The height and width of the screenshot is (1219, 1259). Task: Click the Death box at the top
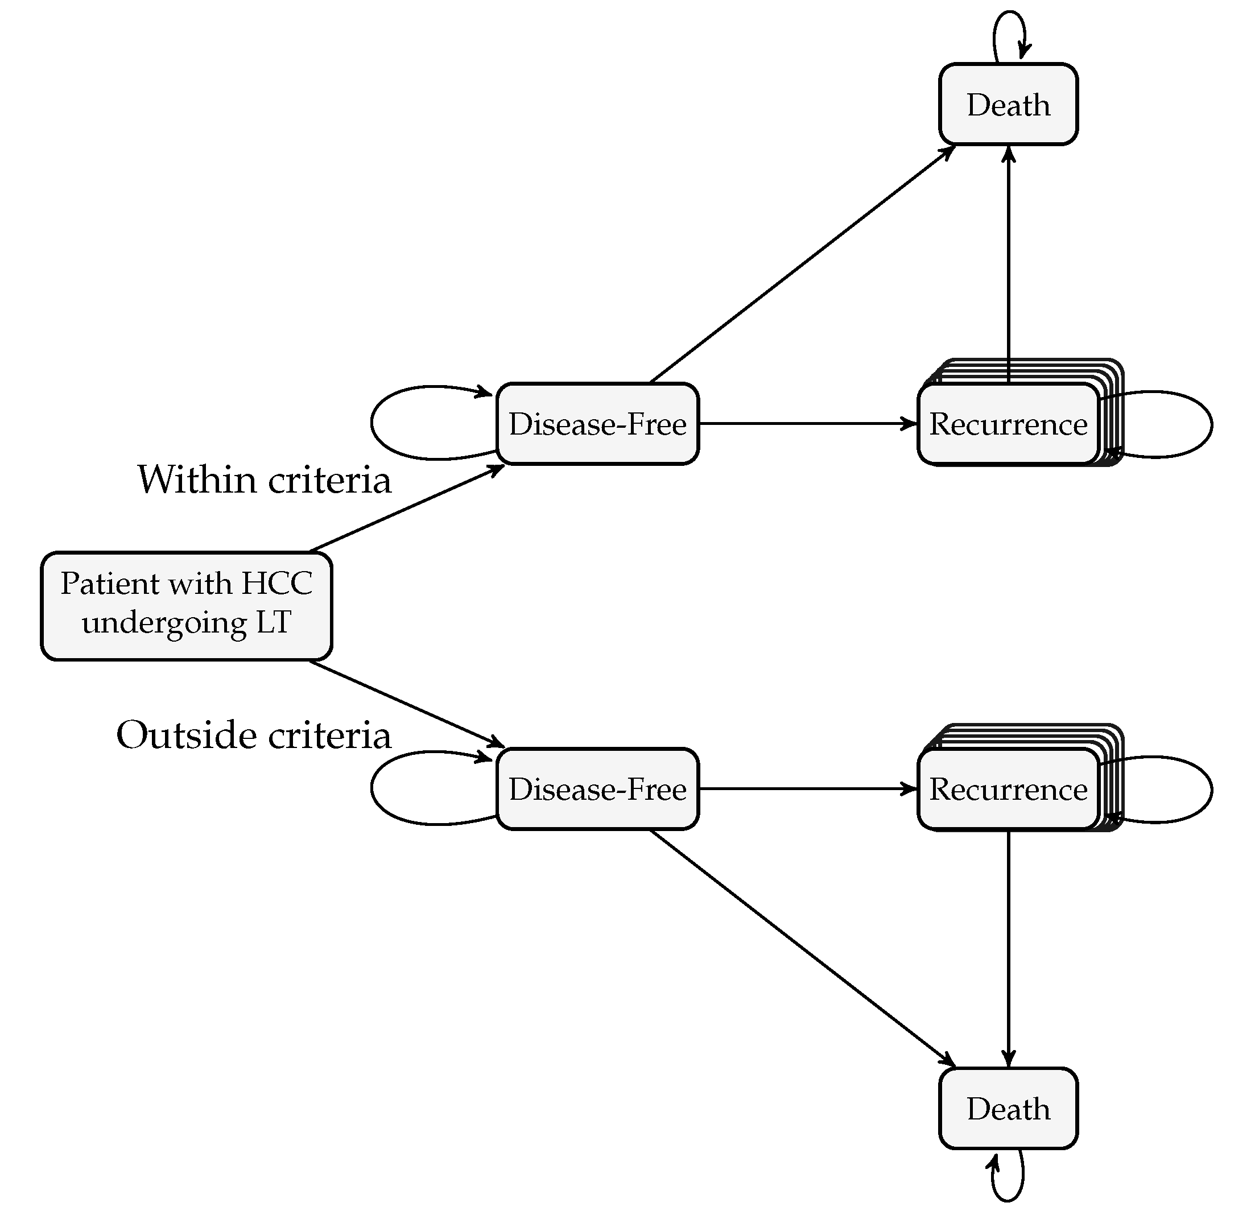1008,104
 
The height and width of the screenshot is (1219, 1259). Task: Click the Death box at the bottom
1008,1108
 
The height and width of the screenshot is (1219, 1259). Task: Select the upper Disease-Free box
597,424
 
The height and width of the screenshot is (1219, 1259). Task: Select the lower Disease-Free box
597,789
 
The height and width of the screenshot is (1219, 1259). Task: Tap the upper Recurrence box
1008,424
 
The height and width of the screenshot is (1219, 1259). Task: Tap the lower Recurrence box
1008,789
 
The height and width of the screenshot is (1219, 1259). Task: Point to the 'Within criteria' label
264,479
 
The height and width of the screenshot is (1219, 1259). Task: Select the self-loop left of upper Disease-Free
373,423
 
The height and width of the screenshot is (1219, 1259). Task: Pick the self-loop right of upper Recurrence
1211,424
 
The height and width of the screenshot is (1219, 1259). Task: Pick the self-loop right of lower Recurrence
1211,789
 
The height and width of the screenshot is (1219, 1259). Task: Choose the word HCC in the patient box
277,583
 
